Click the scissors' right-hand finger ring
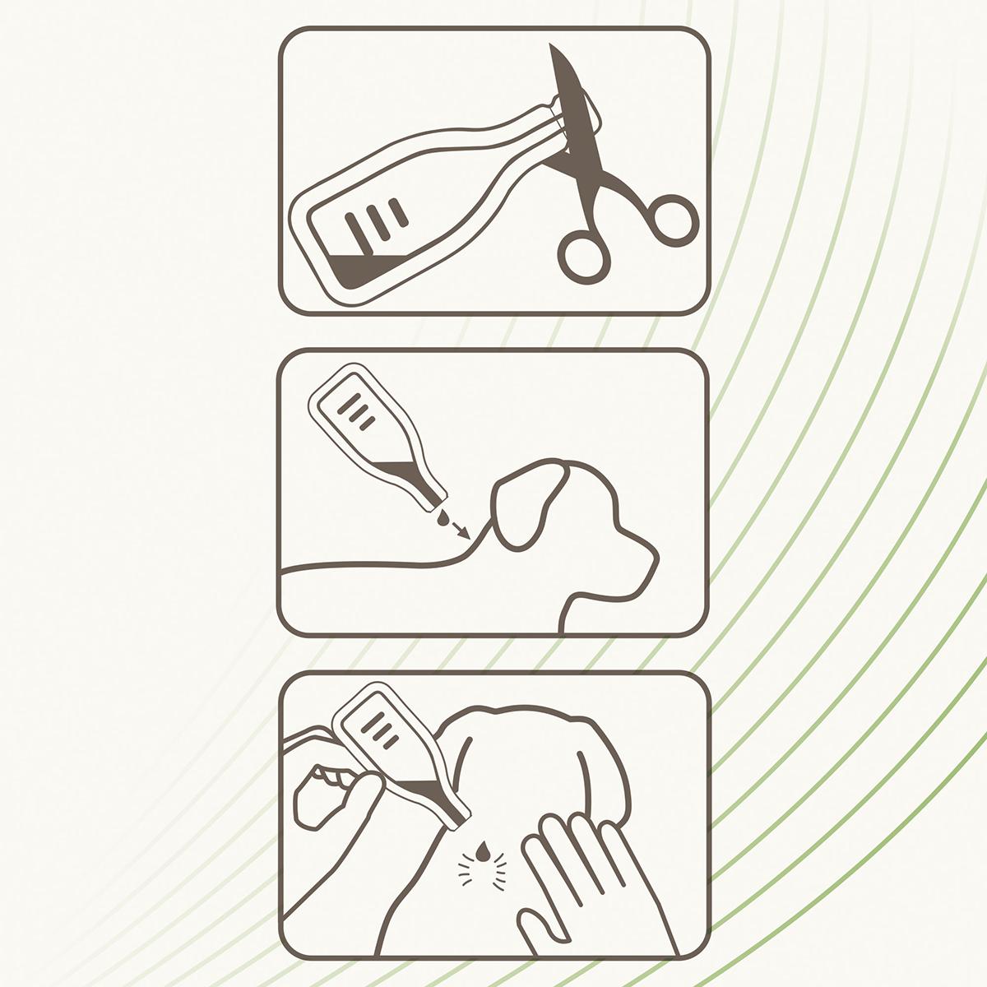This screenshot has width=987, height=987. (674, 218)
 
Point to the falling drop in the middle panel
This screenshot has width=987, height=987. (444, 519)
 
